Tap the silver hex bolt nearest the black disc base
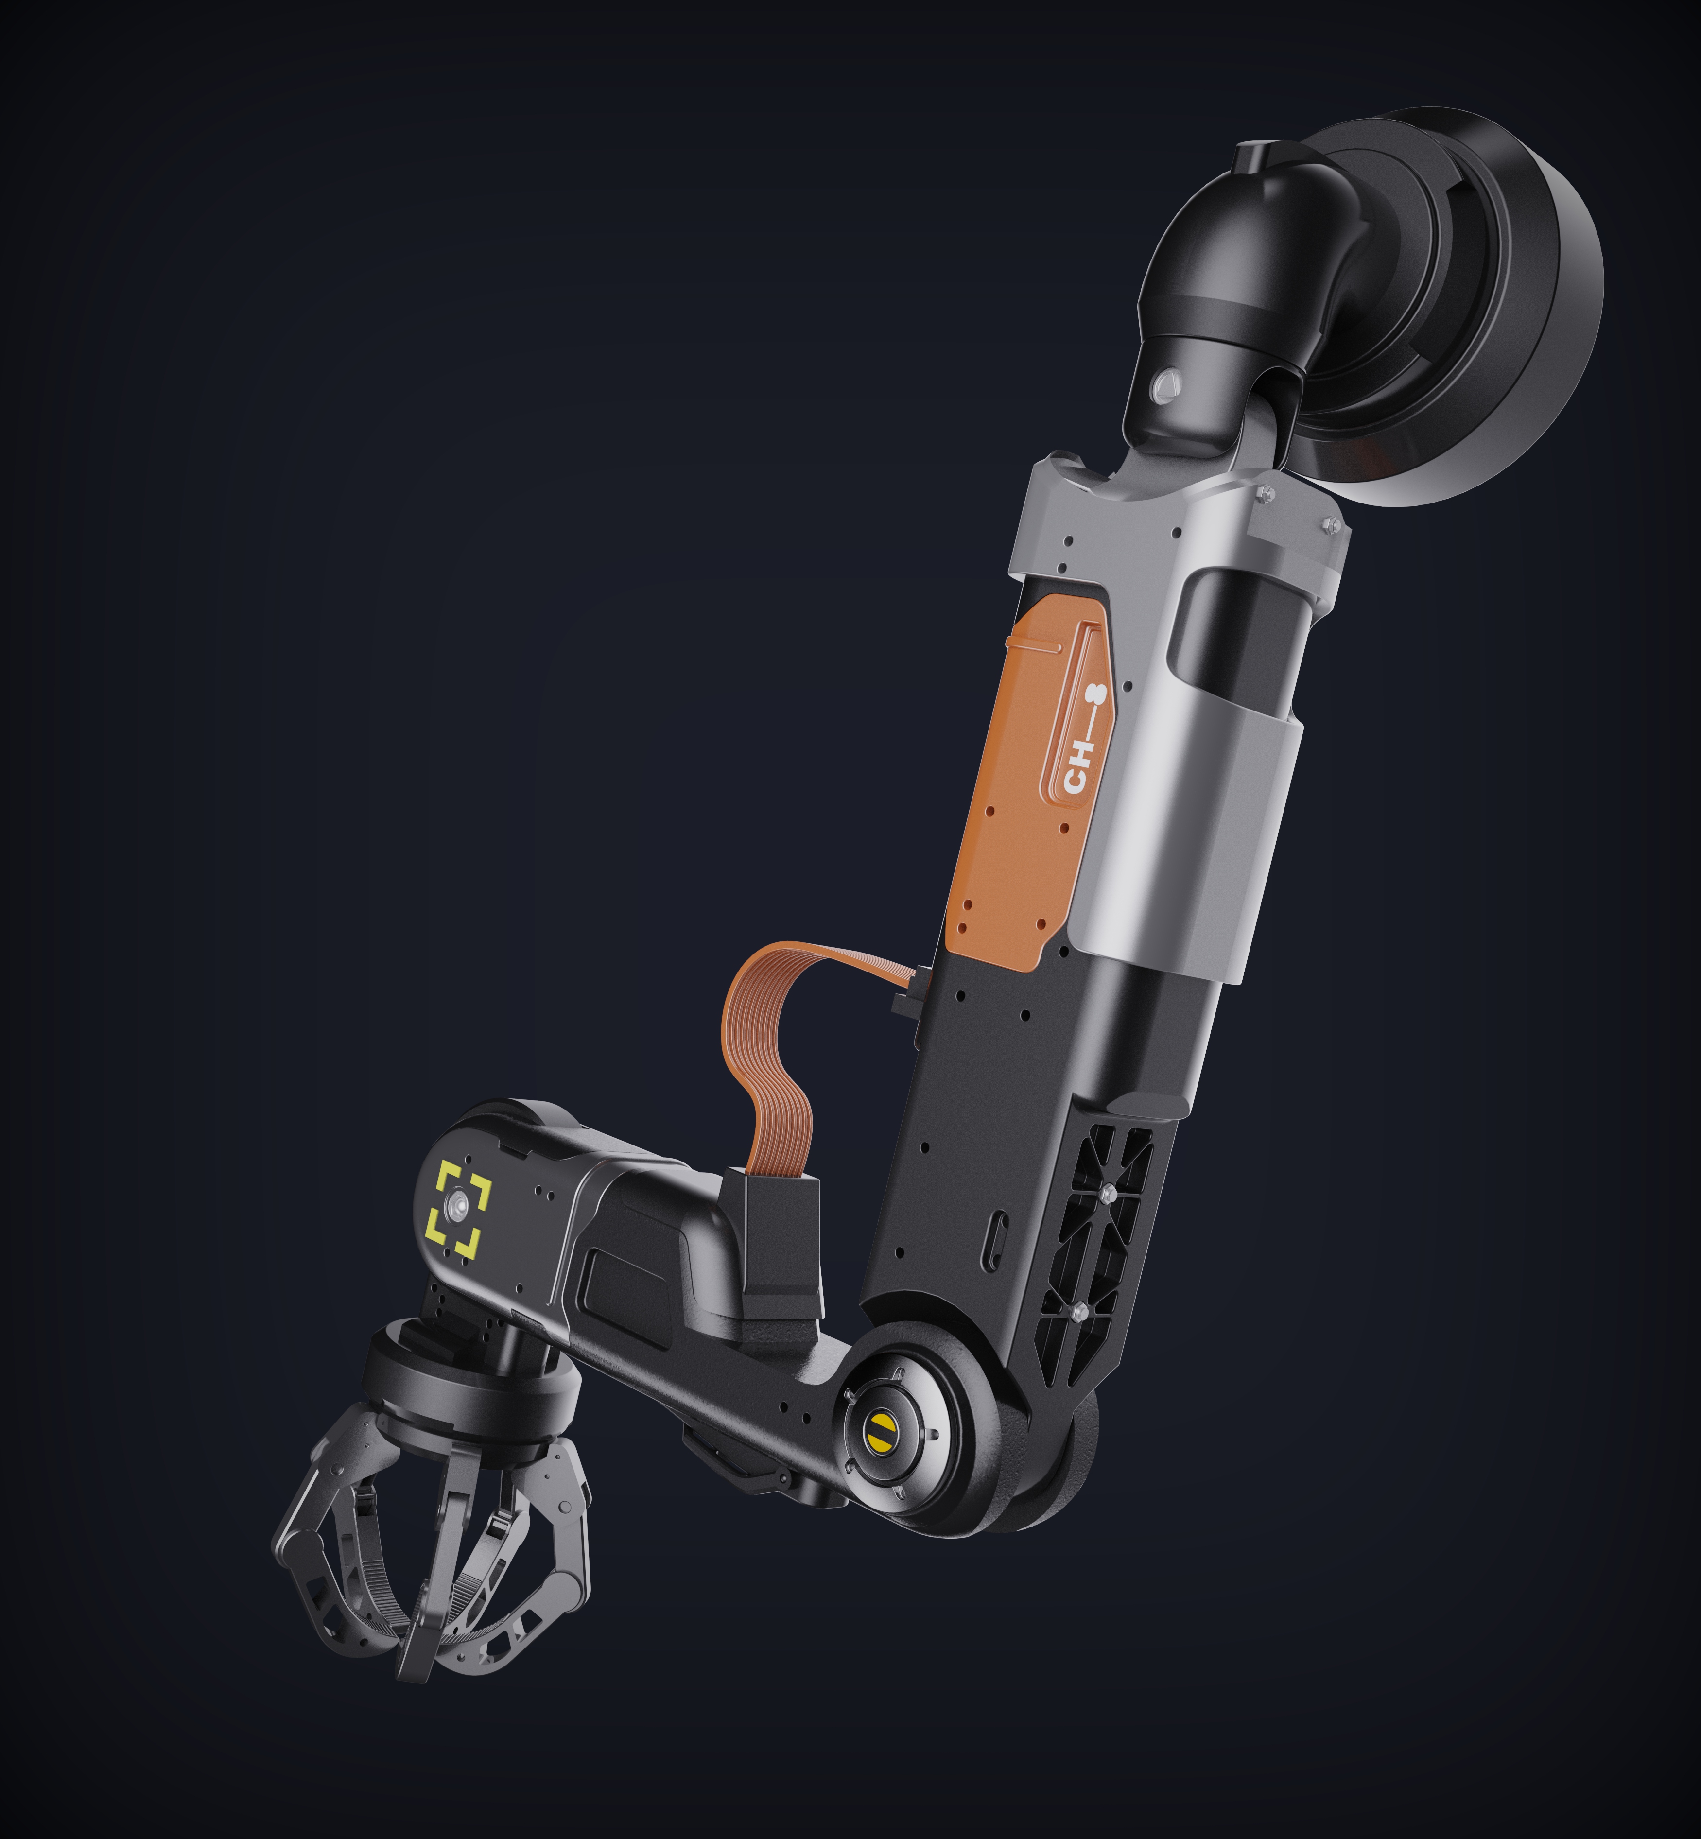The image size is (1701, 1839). click(x=1328, y=525)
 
